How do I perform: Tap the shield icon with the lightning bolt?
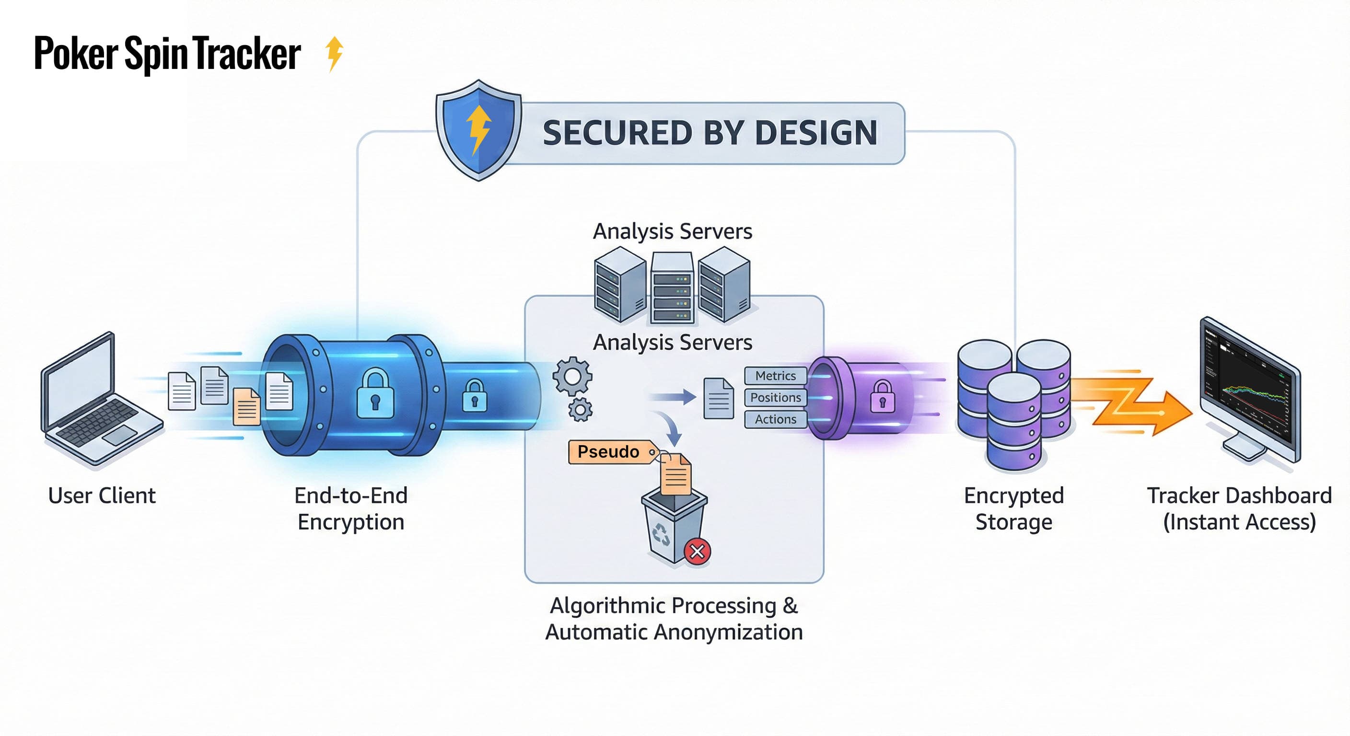pos(478,130)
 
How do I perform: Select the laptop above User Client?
pos(100,401)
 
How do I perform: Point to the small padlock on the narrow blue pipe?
pos(474,395)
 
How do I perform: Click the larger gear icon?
pos(572,376)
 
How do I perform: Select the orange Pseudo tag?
pos(611,451)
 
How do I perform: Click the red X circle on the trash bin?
pos(697,551)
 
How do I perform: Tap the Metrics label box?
pos(775,376)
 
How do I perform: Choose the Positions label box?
pos(775,398)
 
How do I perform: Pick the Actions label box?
pos(775,419)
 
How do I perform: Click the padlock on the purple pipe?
pos(883,397)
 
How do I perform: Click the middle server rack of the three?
pos(673,288)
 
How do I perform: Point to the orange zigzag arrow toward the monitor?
pos(1132,403)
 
